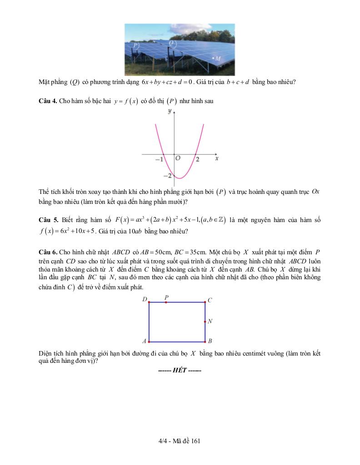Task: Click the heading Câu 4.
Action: (x=48, y=101)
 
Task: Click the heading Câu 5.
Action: (x=48, y=220)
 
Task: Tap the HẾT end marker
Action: (x=179, y=370)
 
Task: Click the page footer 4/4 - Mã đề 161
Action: (x=180, y=440)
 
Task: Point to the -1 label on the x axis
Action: (x=159, y=160)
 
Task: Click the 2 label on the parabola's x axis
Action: (x=198, y=160)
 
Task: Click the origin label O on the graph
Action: (x=178, y=159)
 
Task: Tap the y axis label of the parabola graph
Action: (x=169, y=111)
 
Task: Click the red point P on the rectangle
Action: (x=166, y=302)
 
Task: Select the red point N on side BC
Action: (x=205, y=322)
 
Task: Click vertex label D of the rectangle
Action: (x=145, y=299)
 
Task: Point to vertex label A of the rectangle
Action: (x=145, y=341)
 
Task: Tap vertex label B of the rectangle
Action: (x=210, y=341)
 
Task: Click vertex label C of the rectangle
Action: (x=210, y=300)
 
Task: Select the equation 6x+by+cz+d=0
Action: (x=168, y=82)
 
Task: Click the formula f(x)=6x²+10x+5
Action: (x=68, y=231)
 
